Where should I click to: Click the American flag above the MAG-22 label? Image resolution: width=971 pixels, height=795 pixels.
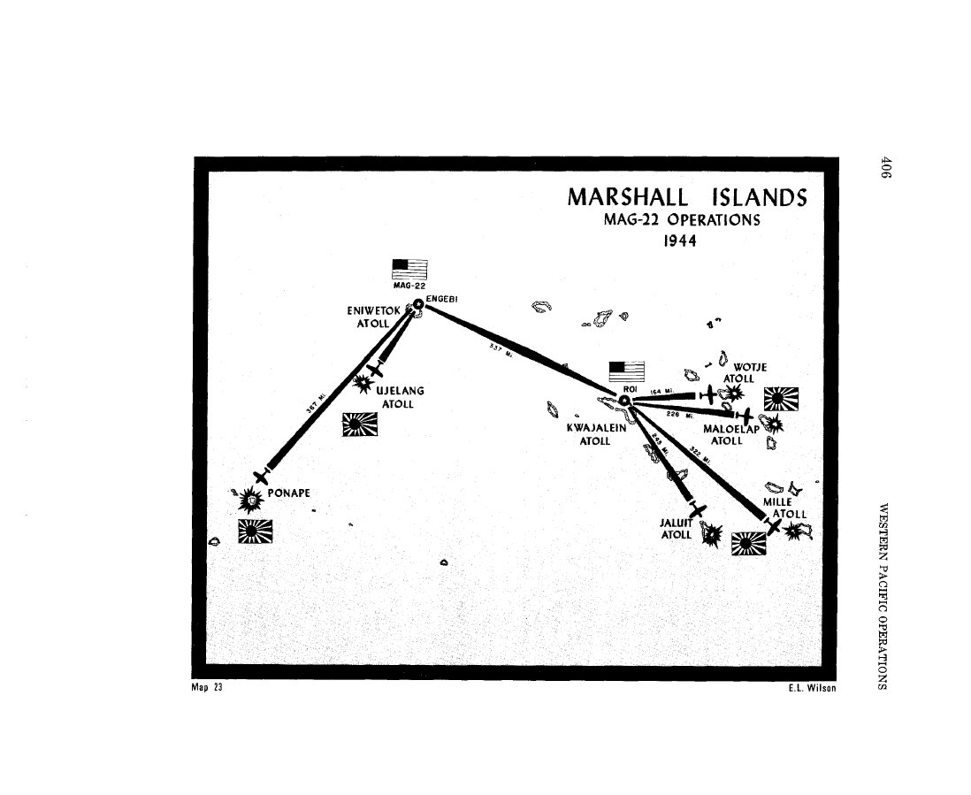click(409, 268)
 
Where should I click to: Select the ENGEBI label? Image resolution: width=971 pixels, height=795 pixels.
click(440, 299)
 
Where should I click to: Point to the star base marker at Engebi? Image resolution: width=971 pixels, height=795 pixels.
click(418, 306)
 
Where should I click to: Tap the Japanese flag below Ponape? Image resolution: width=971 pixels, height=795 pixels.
click(256, 531)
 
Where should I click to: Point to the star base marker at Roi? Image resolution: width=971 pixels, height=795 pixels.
click(624, 401)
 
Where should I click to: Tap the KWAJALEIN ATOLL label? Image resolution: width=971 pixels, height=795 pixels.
click(595, 434)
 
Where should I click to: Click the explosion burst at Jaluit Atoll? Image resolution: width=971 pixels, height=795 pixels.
click(711, 534)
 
